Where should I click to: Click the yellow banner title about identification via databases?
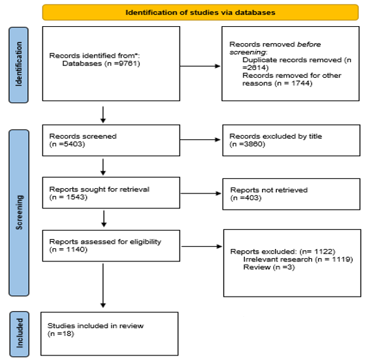coord(201,12)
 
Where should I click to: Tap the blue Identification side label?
coord(18,65)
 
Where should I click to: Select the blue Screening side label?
coord(19,212)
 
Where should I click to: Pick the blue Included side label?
coord(20,334)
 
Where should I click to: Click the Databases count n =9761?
coord(122,63)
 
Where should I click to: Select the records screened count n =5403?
coord(67,144)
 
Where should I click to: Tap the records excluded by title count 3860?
coord(248,144)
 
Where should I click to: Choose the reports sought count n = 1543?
coord(68,197)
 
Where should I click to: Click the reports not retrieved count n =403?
coord(246,198)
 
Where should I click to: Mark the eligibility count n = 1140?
coord(68,250)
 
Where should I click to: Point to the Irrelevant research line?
coord(298,259)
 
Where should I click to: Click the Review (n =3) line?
coord(269,267)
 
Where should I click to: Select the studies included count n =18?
coord(61,334)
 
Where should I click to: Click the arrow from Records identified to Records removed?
coord(201,66)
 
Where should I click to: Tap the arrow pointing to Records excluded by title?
coord(201,140)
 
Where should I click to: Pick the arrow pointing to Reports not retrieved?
coord(201,193)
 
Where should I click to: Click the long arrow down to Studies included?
coord(103,286)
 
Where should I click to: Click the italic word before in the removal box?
coord(309,44)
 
